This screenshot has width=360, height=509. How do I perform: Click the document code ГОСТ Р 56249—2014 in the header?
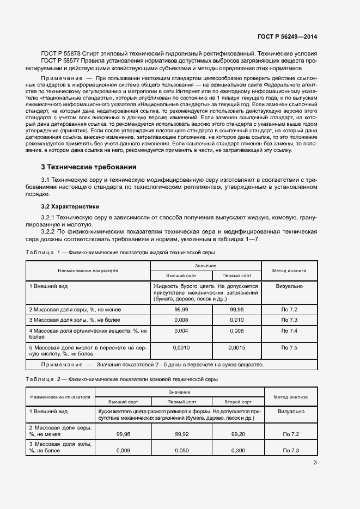click(x=287, y=37)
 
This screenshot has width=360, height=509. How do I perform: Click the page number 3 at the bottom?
click(x=315, y=463)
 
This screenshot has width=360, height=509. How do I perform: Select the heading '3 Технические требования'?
click(x=89, y=167)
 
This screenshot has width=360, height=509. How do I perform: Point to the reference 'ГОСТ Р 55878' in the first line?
click(x=61, y=54)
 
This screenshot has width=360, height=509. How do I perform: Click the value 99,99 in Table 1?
click(x=181, y=309)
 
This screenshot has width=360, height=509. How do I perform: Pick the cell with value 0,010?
click(x=237, y=320)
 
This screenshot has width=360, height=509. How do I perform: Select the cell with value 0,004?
click(x=181, y=330)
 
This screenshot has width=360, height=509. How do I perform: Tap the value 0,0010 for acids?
click(x=181, y=347)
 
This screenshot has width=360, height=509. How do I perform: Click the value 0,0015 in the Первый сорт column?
click(x=237, y=347)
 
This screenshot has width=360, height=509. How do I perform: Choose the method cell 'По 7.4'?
click(x=289, y=330)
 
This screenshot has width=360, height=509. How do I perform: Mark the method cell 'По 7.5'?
click(x=289, y=347)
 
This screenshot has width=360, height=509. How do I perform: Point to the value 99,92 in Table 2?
click(x=181, y=434)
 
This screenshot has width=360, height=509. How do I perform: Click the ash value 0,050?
click(x=181, y=451)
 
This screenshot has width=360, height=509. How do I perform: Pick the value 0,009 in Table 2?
click(x=124, y=451)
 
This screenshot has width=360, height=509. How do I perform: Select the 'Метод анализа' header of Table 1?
click(x=289, y=270)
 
